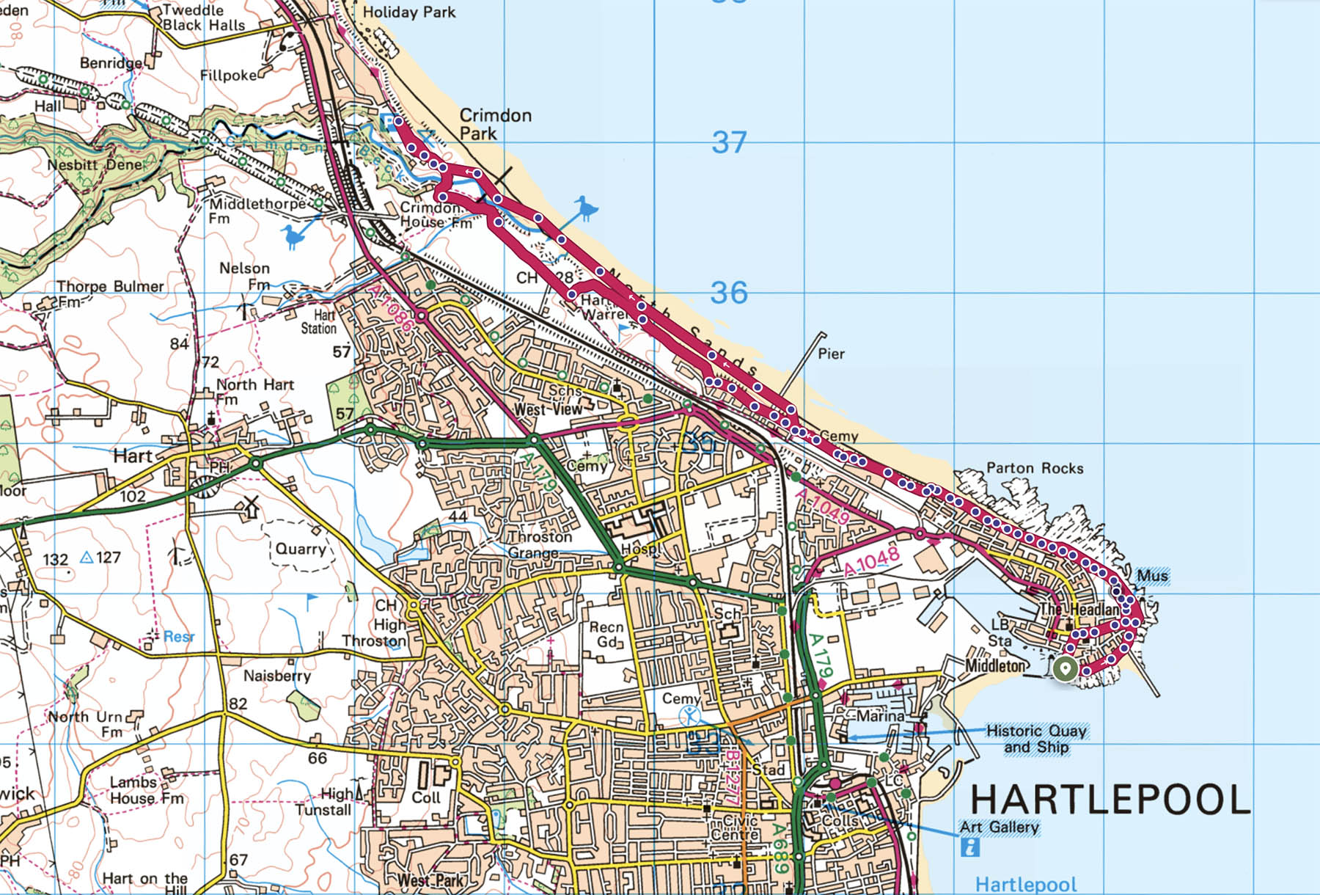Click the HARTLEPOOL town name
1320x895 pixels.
click(1110, 799)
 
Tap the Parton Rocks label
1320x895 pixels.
click(1034, 468)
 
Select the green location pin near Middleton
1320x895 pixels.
click(1065, 669)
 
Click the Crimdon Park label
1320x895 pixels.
click(495, 124)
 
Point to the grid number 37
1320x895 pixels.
click(729, 142)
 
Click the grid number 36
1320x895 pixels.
click(729, 293)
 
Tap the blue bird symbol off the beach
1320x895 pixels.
click(585, 209)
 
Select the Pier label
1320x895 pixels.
click(831, 354)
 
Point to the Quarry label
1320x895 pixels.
click(301, 549)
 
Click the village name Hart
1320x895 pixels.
click(133, 456)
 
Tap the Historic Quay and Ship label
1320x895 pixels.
click(1036, 739)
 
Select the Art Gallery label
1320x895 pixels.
click(999, 827)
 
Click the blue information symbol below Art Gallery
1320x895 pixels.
click(969, 848)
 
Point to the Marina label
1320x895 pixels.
click(880, 715)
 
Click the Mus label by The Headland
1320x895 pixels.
click(1152, 576)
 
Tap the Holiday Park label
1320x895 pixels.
click(408, 12)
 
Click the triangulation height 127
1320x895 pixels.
click(107, 558)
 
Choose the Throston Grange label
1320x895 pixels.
click(540, 544)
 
